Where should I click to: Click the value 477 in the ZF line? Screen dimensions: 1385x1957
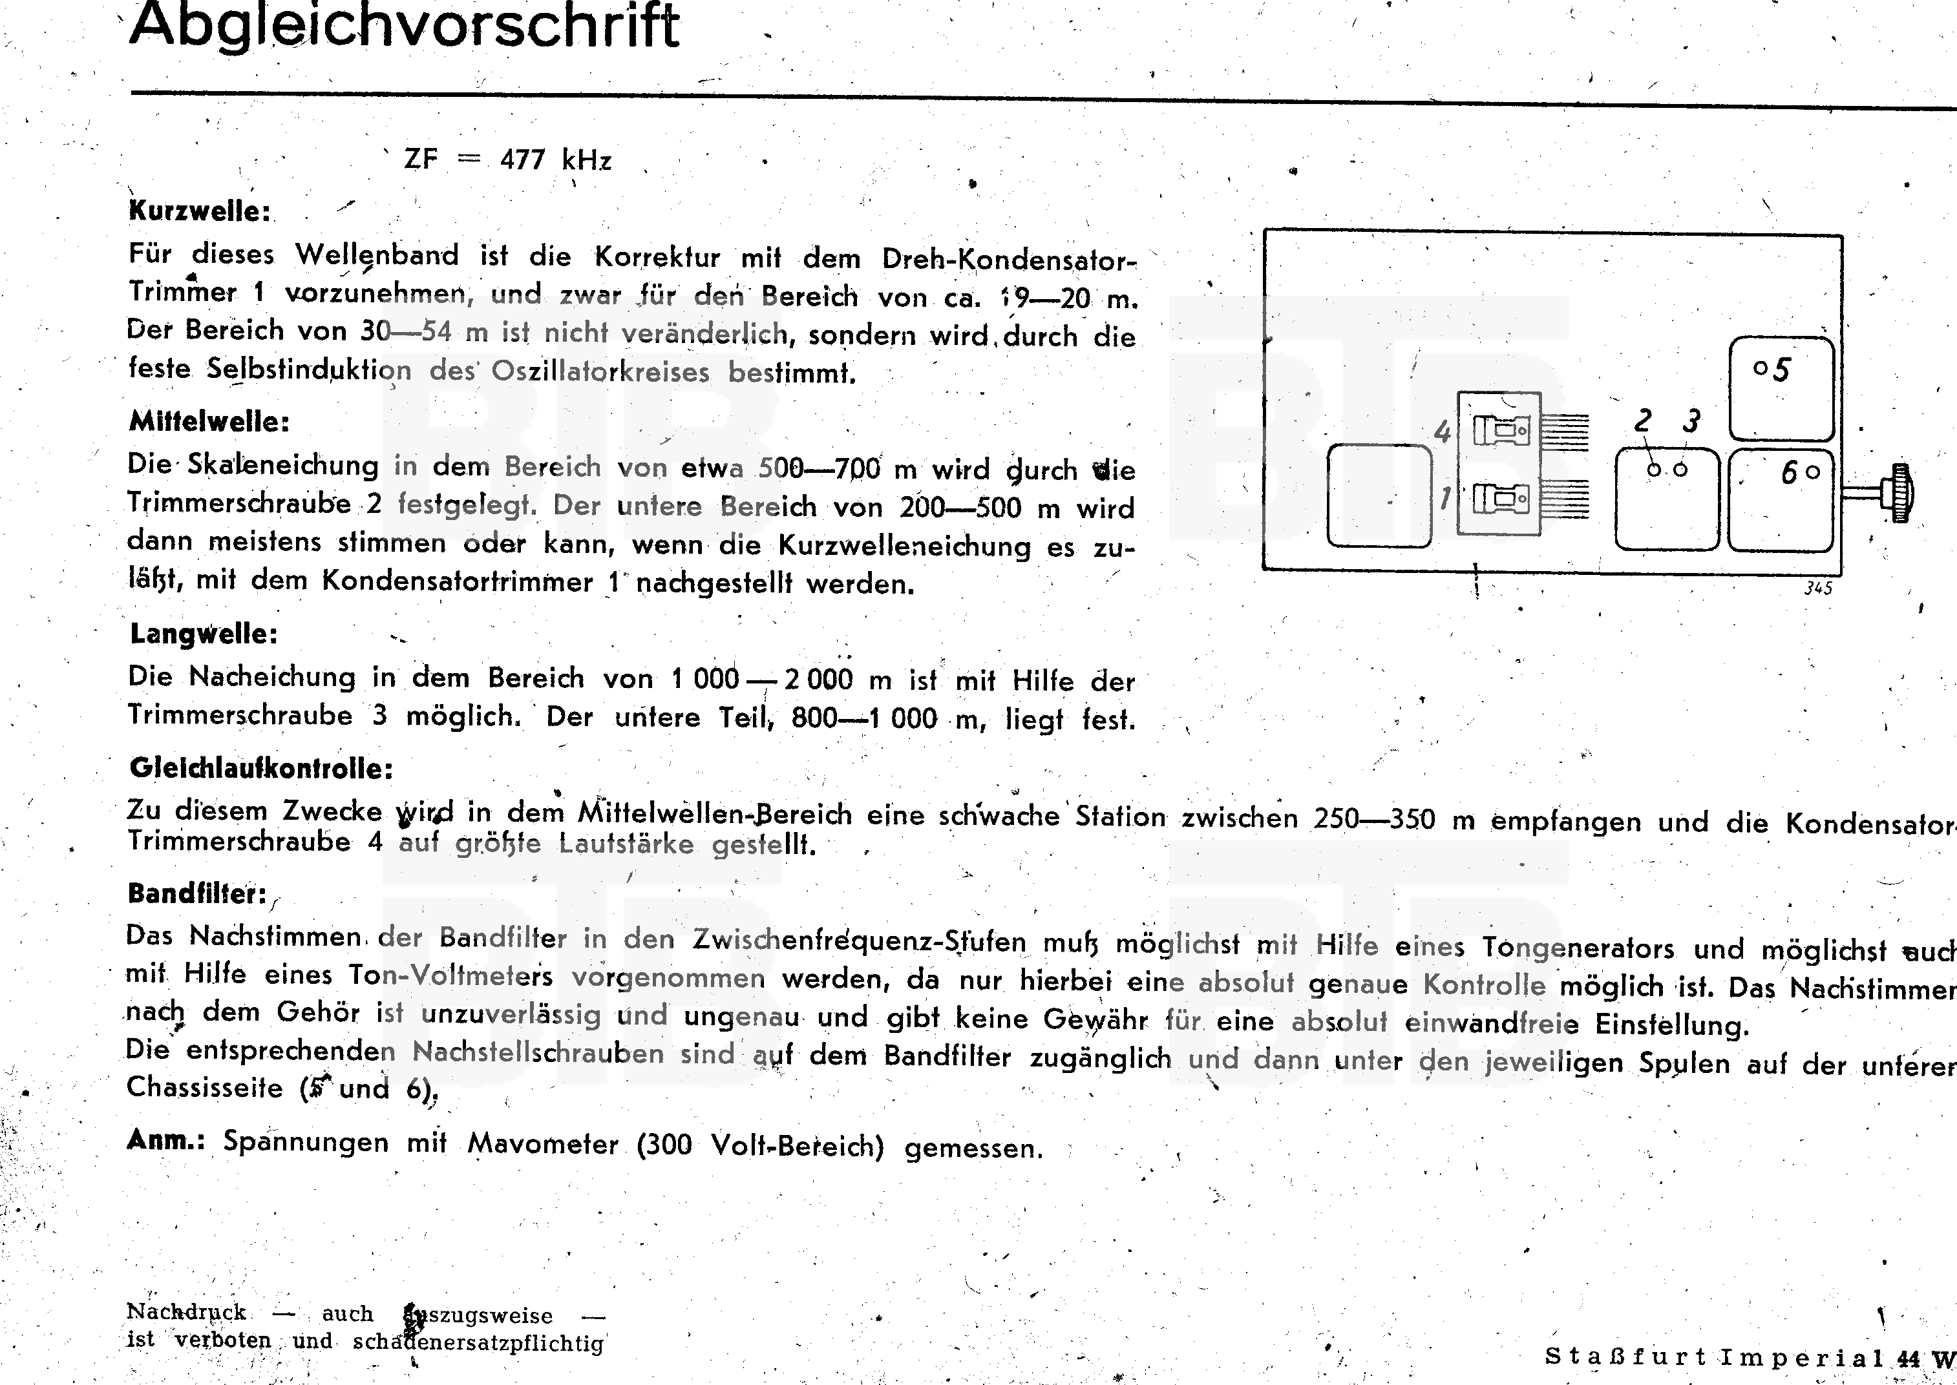pyautogui.click(x=522, y=160)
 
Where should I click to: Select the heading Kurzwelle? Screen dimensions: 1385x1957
pyautogui.click(x=200, y=211)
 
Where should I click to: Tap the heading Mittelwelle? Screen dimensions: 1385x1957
pyautogui.click(x=209, y=421)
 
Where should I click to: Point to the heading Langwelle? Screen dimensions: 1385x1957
pyautogui.click(x=204, y=634)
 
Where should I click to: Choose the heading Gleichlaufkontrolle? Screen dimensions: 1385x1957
pyautogui.click(x=261, y=768)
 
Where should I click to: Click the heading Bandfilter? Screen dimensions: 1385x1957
pyautogui.click(x=197, y=894)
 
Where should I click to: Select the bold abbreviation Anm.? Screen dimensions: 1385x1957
pyautogui.click(x=166, y=1140)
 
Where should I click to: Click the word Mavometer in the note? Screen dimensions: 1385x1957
pyautogui.click(x=542, y=1143)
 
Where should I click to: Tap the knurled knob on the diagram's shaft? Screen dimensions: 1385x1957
pyautogui.click(x=1901, y=493)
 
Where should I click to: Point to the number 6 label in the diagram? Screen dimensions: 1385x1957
pyautogui.click(x=1789, y=472)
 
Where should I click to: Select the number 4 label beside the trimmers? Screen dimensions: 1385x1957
pyautogui.click(x=1442, y=432)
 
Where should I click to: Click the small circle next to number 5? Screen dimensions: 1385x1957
pyautogui.click(x=1760, y=368)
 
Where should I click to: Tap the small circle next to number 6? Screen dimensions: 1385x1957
pyautogui.click(x=1813, y=471)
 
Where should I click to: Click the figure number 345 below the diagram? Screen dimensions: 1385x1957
pyautogui.click(x=1818, y=588)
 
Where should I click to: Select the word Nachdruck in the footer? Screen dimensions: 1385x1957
pyautogui.click(x=186, y=1311)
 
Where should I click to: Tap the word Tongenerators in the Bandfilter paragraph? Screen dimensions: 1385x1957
pyautogui.click(x=1578, y=948)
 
